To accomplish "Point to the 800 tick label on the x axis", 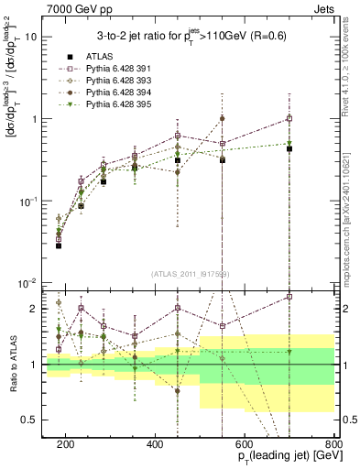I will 334,443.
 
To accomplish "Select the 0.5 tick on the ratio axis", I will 36,420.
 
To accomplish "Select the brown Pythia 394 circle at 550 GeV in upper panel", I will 222,118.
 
